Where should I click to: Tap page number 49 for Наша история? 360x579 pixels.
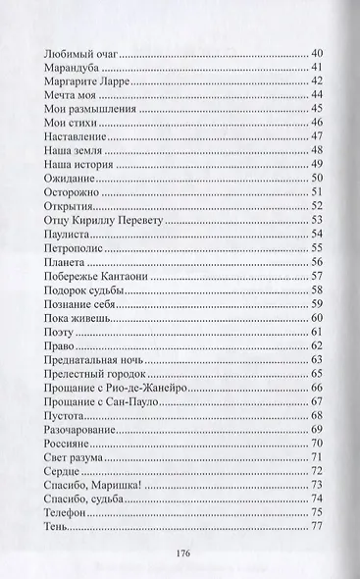316,164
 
